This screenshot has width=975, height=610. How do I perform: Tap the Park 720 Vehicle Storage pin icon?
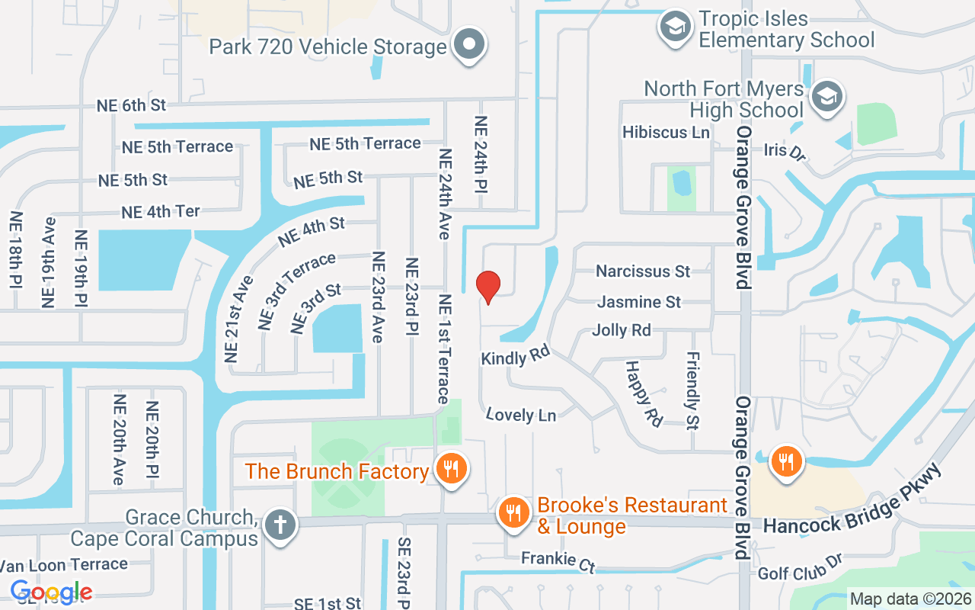point(469,45)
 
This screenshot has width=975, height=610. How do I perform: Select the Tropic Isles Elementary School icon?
point(674,28)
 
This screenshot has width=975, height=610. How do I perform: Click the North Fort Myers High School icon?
point(824,98)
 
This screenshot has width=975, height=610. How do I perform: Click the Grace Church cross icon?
point(280,526)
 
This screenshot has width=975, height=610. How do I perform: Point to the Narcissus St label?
point(643,271)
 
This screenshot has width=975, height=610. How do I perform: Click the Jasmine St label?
point(639,302)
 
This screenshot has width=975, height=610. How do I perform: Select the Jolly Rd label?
point(622,330)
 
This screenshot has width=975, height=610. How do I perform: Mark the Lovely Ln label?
point(521,415)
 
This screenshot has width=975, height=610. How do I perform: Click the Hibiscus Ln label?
point(666,132)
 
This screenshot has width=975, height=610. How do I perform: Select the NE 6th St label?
point(131,105)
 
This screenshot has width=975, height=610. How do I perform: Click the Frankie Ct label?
point(558,560)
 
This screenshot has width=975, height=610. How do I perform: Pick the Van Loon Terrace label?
point(64,565)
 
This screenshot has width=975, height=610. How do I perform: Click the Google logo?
point(51,592)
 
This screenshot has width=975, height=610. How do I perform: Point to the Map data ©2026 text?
point(910,599)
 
